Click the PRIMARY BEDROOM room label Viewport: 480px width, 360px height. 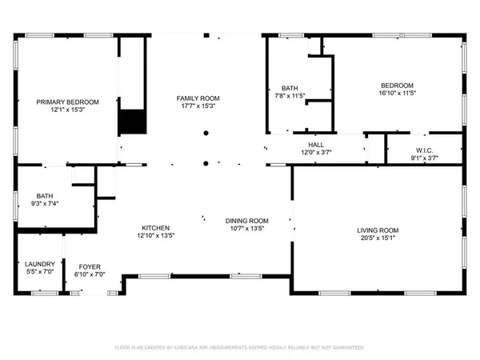pyautogui.click(x=68, y=102)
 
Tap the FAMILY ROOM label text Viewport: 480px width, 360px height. pyautogui.click(x=198, y=98)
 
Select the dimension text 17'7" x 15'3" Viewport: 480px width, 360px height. pyautogui.click(x=198, y=106)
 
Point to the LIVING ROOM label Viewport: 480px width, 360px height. pyautogui.click(x=378, y=231)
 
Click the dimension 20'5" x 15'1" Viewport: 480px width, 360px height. pyautogui.click(x=378, y=239)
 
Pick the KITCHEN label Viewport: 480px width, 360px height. pyautogui.click(x=155, y=227)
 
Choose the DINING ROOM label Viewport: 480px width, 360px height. pyautogui.click(x=246, y=221)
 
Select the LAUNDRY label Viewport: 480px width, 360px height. pyautogui.click(x=39, y=265)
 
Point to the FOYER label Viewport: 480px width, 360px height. pyautogui.click(x=89, y=266)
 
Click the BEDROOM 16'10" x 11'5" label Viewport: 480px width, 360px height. pyautogui.click(x=397, y=86)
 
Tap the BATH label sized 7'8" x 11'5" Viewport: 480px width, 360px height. pyautogui.click(x=290, y=88)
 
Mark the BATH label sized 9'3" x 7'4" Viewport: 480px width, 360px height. pyautogui.click(x=46, y=196)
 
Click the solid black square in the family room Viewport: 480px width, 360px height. pyautogui.click(x=133, y=122)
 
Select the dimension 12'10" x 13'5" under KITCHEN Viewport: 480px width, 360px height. pyautogui.click(x=155, y=235)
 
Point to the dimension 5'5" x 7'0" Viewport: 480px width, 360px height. pyautogui.click(x=39, y=273)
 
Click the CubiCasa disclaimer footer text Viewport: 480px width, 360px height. pyautogui.click(x=240, y=348)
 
